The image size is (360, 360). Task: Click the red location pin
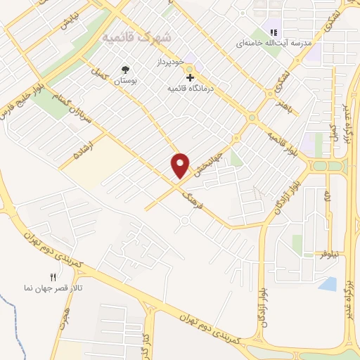[181, 165]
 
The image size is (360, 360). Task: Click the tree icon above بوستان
[125, 69]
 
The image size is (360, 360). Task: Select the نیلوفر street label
[328, 253]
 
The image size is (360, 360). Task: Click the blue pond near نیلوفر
[326, 283]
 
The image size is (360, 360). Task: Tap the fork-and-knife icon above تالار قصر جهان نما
[52, 278]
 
